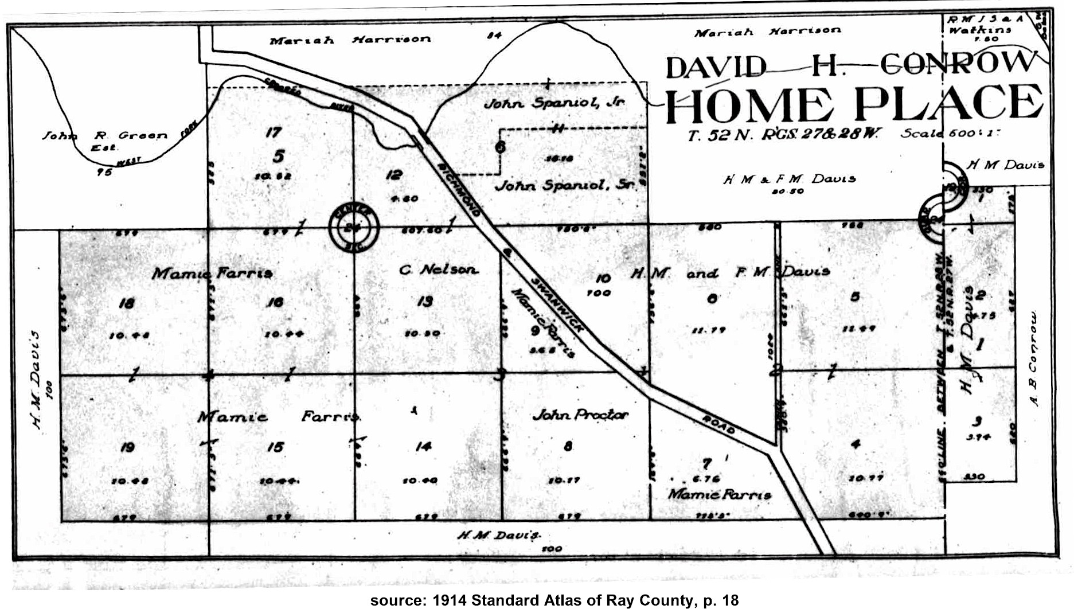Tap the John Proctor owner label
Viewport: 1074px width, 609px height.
click(580, 415)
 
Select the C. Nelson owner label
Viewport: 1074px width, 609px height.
click(439, 269)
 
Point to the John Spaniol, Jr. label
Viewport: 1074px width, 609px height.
click(554, 103)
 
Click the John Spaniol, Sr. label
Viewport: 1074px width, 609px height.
click(565, 185)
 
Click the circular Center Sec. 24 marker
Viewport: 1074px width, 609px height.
click(354, 228)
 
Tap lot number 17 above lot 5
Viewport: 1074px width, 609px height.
click(274, 132)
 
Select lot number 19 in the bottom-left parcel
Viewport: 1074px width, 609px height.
click(127, 447)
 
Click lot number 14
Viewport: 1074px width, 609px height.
click(423, 446)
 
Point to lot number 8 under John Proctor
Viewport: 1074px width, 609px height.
click(568, 446)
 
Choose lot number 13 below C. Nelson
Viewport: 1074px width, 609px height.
click(424, 301)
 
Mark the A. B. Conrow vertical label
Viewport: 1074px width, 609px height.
click(1034, 358)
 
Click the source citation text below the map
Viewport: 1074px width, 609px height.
click(554, 600)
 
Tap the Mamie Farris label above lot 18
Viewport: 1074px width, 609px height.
click(212, 274)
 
